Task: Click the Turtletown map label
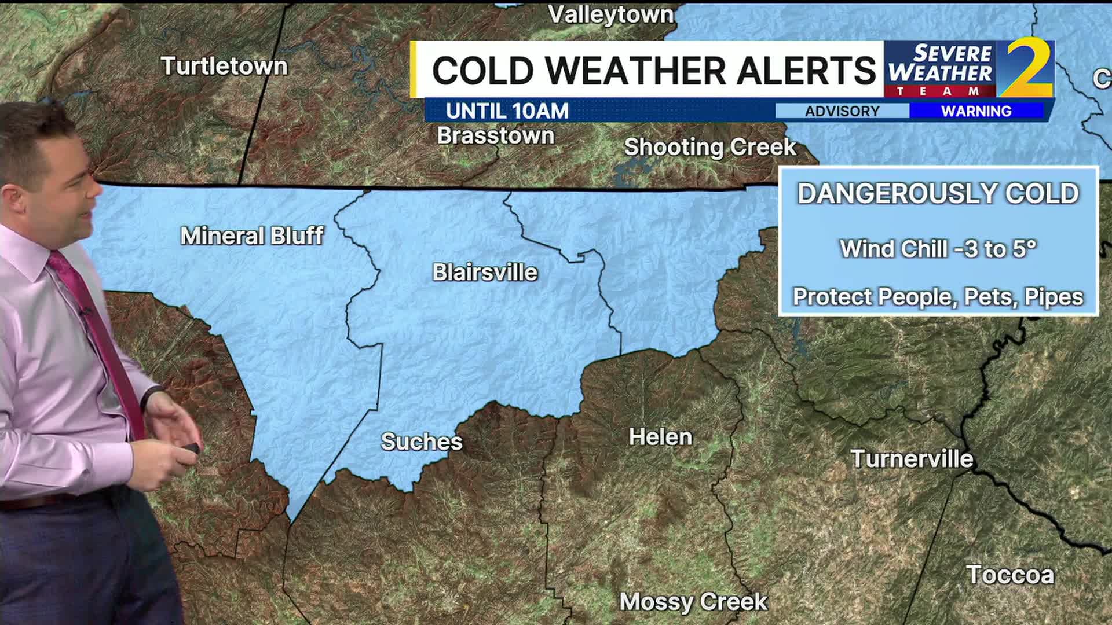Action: pyautogui.click(x=224, y=66)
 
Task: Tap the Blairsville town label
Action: pyautogui.click(x=485, y=272)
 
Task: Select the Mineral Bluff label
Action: pyautogui.click(x=252, y=236)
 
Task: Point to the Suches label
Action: pyautogui.click(x=422, y=442)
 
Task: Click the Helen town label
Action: pyautogui.click(x=660, y=437)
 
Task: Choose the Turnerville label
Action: pyautogui.click(x=912, y=459)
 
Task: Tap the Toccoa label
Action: pyautogui.click(x=1010, y=575)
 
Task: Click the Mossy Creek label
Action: pyautogui.click(x=693, y=602)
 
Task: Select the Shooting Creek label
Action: pyautogui.click(x=709, y=147)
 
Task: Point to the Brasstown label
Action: pyautogui.click(x=495, y=135)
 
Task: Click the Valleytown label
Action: pyautogui.click(x=610, y=14)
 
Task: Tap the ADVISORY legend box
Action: pyautogui.click(x=842, y=111)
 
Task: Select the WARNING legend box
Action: pyautogui.click(x=976, y=111)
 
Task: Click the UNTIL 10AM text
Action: pyautogui.click(x=507, y=111)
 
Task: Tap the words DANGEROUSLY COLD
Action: pyautogui.click(x=938, y=193)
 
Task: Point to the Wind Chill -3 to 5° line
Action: pyautogui.click(x=938, y=249)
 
